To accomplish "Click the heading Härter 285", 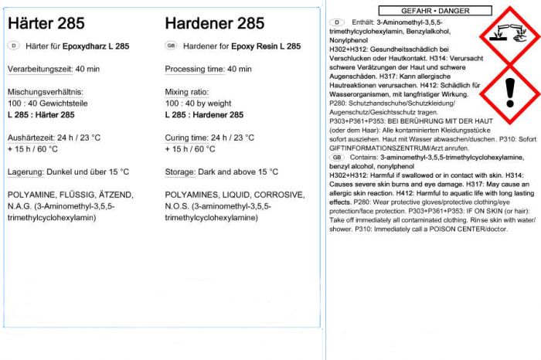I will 46,24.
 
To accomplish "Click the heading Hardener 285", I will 215,24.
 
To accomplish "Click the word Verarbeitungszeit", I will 39,70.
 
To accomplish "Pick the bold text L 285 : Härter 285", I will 41,115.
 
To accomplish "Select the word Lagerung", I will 25,172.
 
